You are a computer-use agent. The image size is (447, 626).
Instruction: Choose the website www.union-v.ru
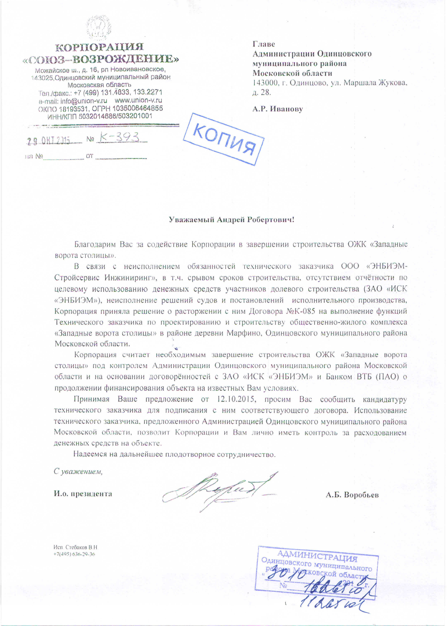pos(138,100)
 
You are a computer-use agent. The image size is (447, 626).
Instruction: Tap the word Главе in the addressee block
pos(263,44)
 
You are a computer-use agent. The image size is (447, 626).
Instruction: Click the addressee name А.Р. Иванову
pos(277,109)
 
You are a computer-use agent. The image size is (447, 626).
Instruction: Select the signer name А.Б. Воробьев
pos(352,495)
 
